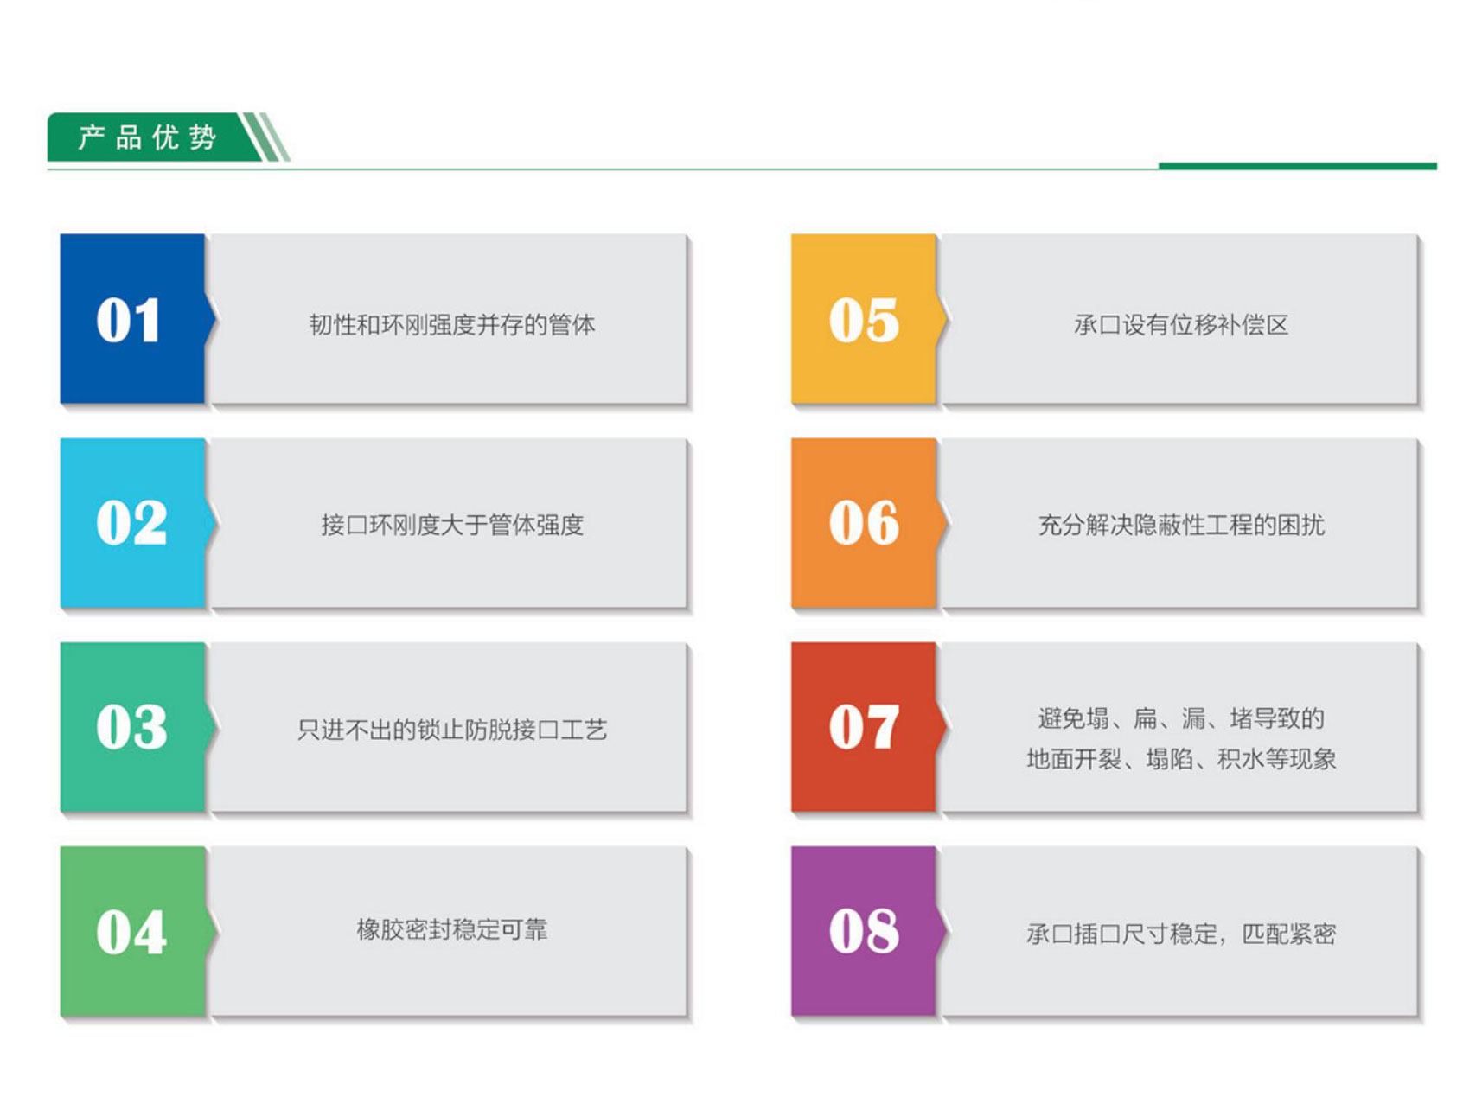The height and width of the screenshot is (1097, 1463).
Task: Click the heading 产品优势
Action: tap(147, 137)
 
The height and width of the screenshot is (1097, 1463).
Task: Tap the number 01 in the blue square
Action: tap(128, 321)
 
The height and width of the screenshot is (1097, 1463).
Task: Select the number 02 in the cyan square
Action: tap(131, 523)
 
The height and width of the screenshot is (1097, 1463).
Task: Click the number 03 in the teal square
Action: tap(131, 727)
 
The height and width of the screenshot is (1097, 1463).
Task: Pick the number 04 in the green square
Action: tap(131, 932)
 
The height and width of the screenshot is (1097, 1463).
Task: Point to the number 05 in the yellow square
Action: tap(864, 321)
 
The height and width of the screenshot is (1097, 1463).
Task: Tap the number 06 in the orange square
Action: tap(864, 523)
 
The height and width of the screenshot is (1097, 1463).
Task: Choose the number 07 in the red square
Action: tap(864, 727)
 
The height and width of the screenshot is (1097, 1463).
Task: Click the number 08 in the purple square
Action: tap(864, 931)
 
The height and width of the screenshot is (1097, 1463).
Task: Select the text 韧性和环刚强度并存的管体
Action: tap(452, 325)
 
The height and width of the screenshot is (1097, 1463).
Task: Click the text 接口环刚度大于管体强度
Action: tap(452, 525)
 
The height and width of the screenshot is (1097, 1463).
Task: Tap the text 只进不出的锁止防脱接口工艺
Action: tap(452, 730)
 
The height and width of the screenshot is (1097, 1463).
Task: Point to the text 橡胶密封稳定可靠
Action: tap(452, 930)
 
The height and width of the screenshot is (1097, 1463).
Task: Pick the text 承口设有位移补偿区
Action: tap(1181, 325)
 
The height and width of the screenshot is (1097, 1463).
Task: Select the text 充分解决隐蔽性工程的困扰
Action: tap(1181, 525)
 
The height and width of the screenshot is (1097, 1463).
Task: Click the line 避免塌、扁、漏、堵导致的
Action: tap(1181, 718)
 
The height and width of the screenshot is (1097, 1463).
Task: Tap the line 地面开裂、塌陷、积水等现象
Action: tap(1181, 759)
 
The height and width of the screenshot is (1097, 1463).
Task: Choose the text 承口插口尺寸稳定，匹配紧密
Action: tap(1181, 934)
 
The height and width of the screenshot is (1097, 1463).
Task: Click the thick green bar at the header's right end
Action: tap(1297, 166)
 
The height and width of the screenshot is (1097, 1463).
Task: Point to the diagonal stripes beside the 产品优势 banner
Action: tap(266, 137)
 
